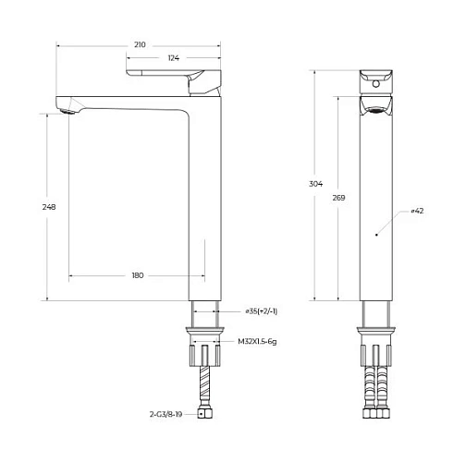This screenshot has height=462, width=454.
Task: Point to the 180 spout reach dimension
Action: pos(138,276)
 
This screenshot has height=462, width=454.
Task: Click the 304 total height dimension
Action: pos(316,185)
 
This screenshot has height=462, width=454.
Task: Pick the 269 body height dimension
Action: pos(339,198)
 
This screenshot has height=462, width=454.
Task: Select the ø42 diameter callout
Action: pos(417,212)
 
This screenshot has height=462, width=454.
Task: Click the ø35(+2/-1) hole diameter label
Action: pos(262,311)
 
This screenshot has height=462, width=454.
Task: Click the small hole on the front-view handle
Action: pos(376,82)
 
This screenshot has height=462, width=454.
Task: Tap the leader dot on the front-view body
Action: pos(375,236)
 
